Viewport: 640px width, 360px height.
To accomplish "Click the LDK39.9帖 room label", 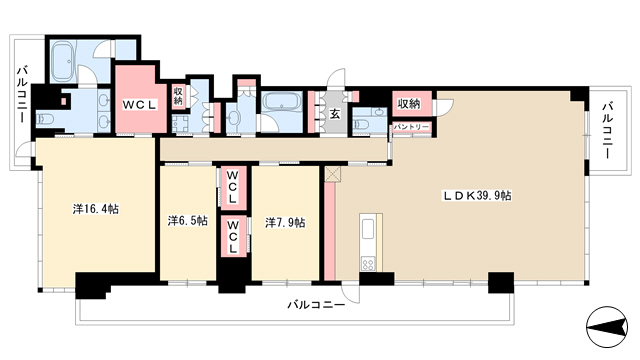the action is pos(478,196).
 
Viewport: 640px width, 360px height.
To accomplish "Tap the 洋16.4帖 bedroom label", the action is pos(96,209).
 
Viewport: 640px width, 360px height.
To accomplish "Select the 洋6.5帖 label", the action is pos(188,221).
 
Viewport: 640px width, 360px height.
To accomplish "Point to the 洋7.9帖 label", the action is pos(285,222).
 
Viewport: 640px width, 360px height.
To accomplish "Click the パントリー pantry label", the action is pos(411,127).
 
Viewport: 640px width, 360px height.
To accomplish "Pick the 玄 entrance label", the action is pos(335,114).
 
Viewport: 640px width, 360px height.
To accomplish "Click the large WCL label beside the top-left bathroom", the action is pos(140,105).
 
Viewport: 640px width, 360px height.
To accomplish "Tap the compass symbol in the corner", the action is pos(607,327).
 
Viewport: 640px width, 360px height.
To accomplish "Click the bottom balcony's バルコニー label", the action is pos(316,304).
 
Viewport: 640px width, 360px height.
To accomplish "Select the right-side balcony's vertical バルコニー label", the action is pos(607,131).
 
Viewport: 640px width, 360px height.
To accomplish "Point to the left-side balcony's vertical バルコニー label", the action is pos(22,94).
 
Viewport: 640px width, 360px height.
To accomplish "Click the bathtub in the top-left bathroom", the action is pos(63,61).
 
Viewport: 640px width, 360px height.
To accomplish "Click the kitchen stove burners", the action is pos(367,264).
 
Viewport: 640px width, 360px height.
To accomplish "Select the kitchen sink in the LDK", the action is pos(368,229).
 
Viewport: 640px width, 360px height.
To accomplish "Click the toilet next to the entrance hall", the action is pos(362,123).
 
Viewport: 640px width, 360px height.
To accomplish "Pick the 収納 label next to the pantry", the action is pos(409,104).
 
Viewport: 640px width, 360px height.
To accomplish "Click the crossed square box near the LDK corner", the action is pos(332,174).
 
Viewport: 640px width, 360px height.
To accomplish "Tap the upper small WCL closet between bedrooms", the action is pos(233,188).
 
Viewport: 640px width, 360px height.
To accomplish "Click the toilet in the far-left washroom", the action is pos(45,119).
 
